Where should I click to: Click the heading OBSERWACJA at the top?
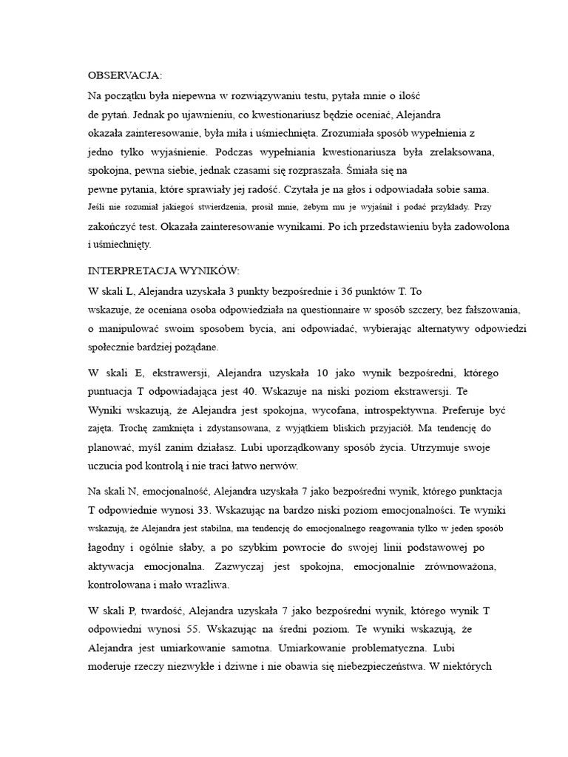tap(124, 75)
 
